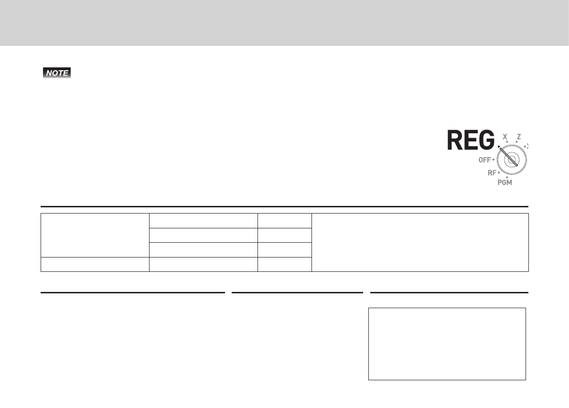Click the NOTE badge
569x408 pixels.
tap(56, 74)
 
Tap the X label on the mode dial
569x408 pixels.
tap(505, 137)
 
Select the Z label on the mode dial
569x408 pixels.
tap(518, 137)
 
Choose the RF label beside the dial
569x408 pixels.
tap(492, 173)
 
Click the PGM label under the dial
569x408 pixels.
tap(505, 183)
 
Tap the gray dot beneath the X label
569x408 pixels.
tap(507, 142)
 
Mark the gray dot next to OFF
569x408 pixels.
tap(493, 160)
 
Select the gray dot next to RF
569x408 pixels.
tap(499, 172)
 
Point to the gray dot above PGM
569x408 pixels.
tap(507, 178)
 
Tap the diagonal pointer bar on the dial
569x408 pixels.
tap(508, 155)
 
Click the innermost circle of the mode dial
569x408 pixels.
tap(513, 160)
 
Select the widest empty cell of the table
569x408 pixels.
tap(420, 242)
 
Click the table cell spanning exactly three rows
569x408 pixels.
tap(95, 235)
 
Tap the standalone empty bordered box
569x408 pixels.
tap(447, 344)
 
